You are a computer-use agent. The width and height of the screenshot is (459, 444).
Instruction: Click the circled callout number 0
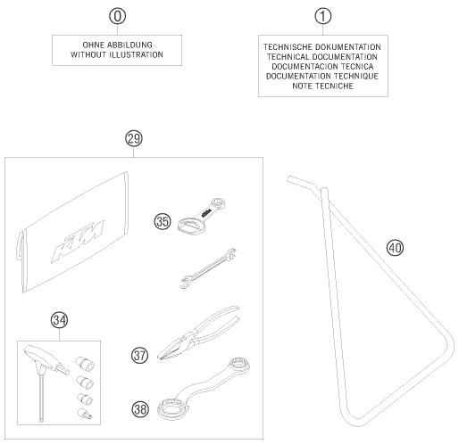118,16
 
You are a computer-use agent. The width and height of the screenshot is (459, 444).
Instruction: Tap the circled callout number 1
323,16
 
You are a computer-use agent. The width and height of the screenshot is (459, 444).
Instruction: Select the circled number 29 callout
134,139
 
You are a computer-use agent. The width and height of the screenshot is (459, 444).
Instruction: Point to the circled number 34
59,320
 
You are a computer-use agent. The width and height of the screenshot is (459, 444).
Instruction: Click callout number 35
163,222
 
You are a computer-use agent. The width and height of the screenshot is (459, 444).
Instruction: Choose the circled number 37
139,356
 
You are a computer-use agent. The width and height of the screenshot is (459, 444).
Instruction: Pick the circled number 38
140,409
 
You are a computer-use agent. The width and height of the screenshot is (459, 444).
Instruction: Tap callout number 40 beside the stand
395,248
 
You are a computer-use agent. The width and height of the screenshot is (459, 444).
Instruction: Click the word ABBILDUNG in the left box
129,45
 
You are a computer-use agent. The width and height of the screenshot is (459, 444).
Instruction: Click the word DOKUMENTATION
348,47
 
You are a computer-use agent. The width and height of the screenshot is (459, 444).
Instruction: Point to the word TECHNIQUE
356,77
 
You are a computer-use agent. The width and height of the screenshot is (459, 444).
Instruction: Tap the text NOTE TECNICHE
323,86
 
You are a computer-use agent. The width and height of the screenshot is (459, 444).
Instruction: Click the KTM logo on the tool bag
78,242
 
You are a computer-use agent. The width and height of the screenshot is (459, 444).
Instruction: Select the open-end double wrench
208,268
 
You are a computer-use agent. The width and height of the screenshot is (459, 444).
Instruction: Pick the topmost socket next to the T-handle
85,364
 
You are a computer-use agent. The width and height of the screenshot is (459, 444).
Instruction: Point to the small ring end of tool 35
218,203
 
